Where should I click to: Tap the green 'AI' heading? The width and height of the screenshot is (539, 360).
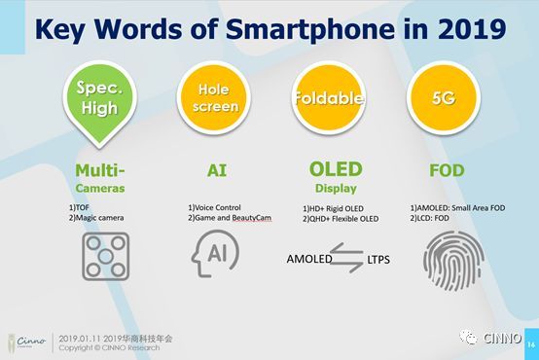218,168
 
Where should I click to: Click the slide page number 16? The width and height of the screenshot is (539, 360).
530,344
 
